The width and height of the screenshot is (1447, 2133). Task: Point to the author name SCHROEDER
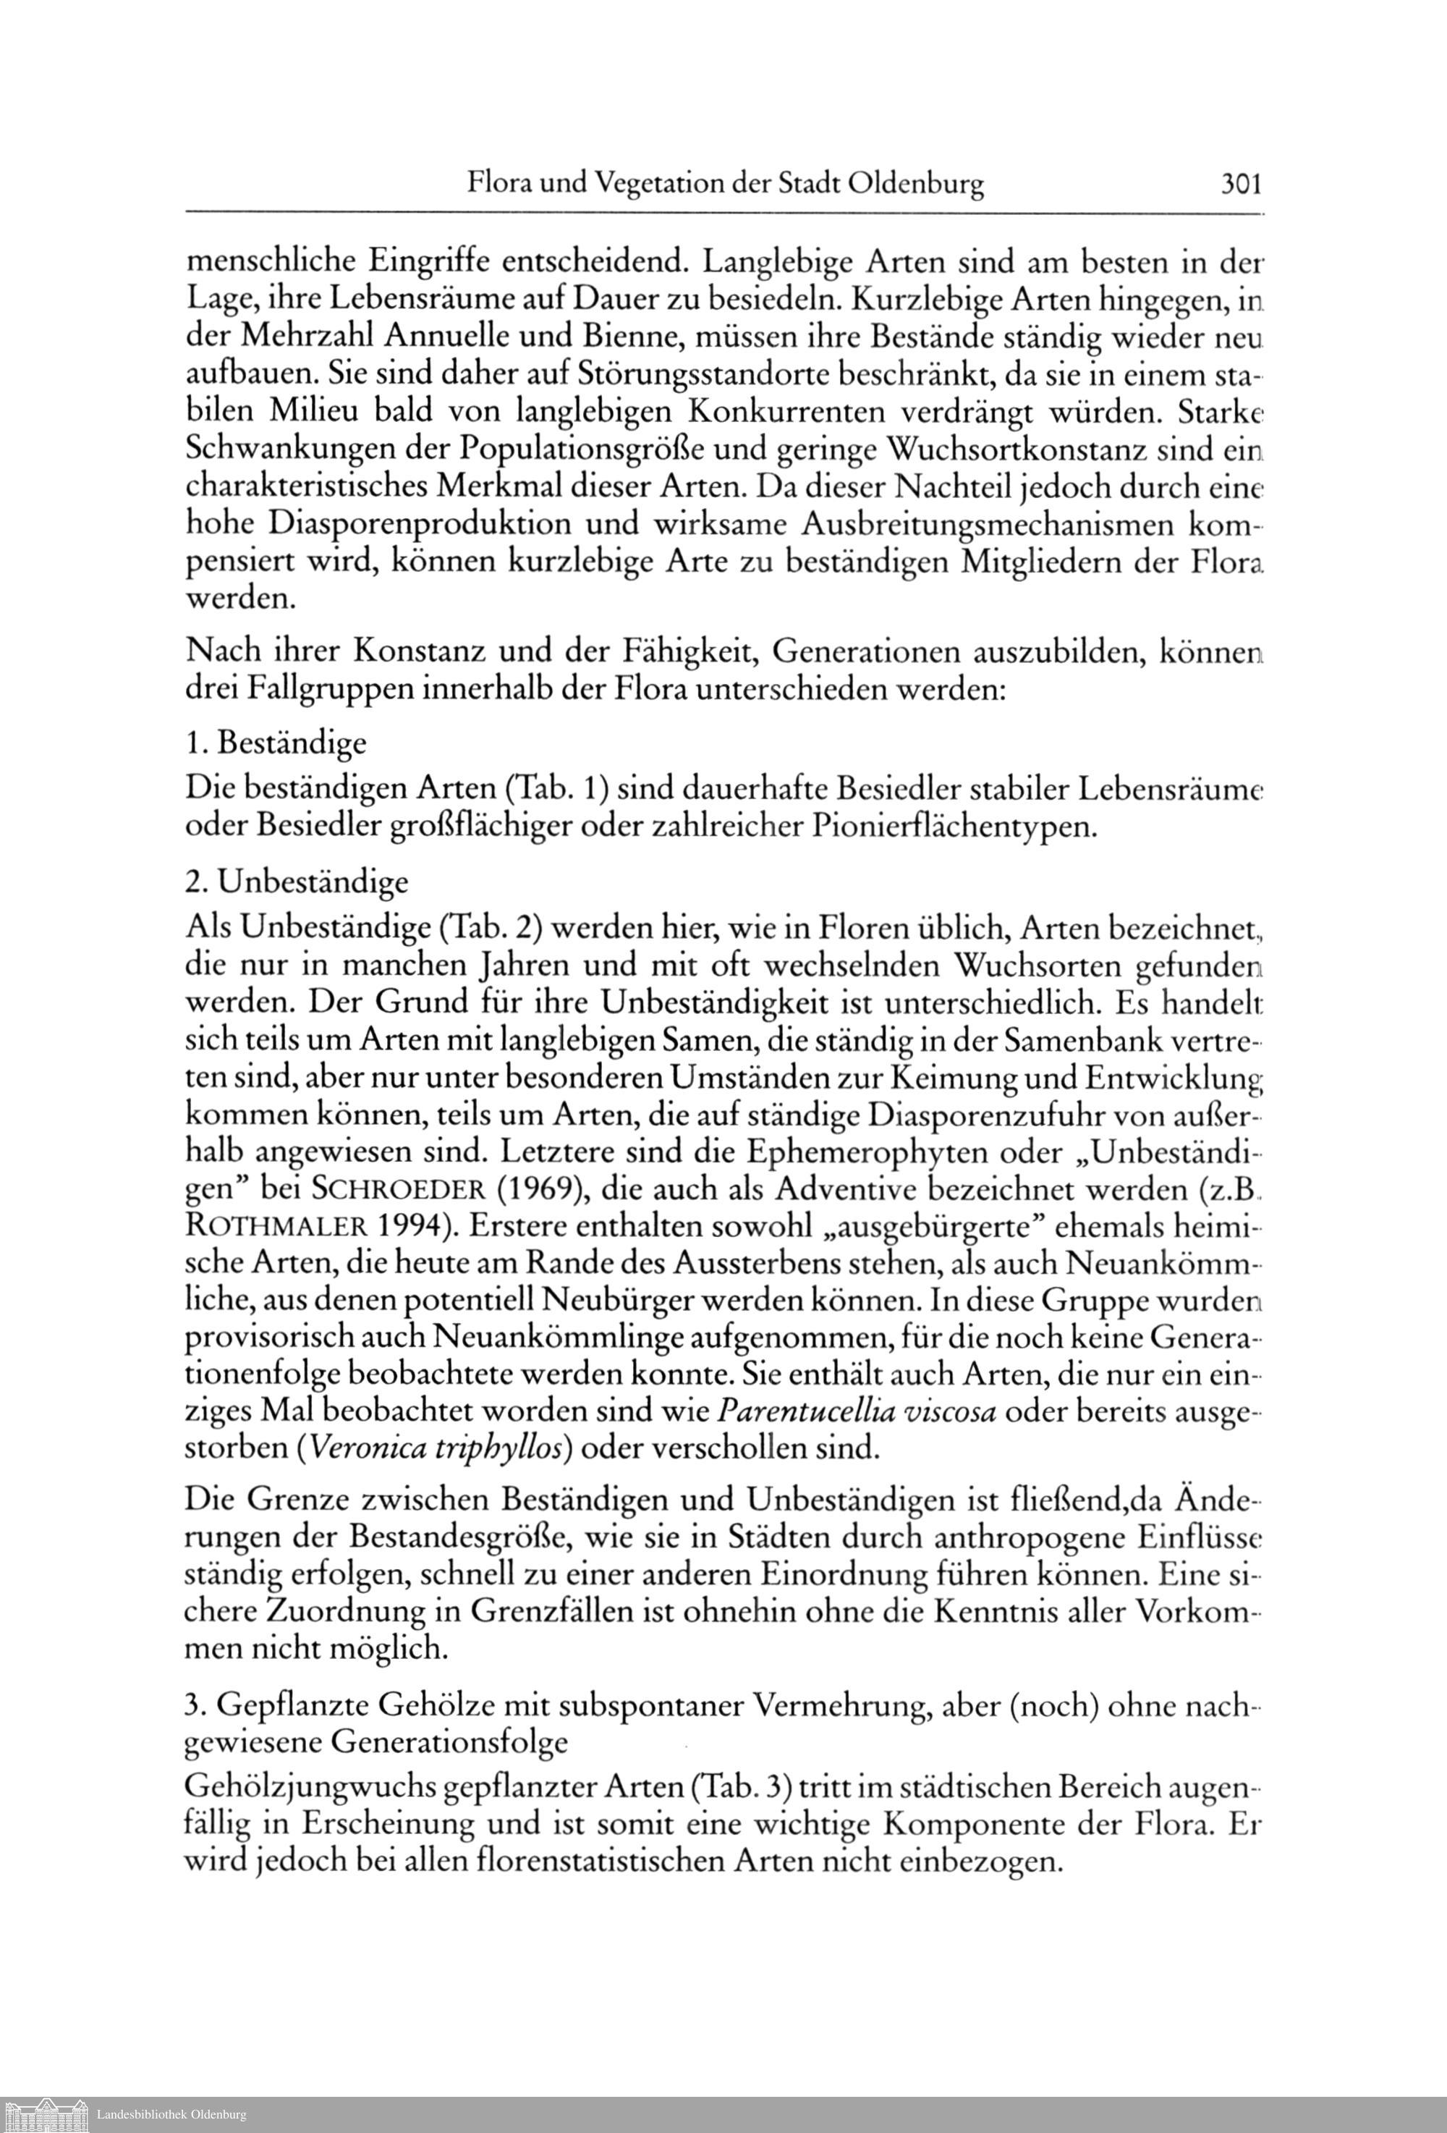[394, 1189]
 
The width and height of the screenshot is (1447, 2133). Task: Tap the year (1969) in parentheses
[524, 1189]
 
